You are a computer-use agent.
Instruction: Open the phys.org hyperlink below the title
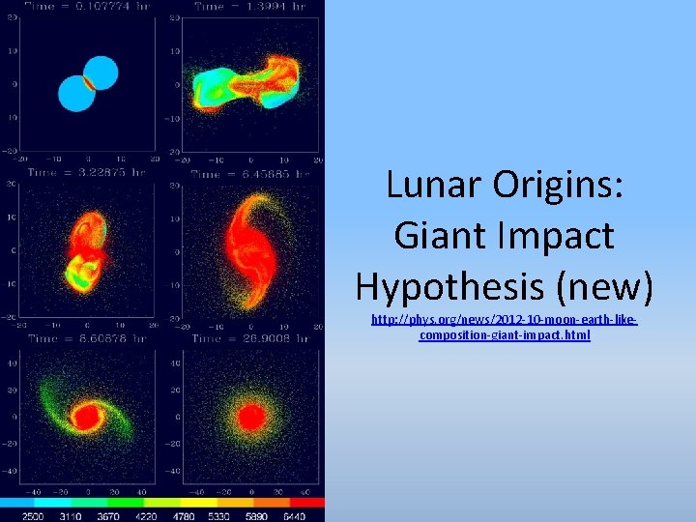[504, 327]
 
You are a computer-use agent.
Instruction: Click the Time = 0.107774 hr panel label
[84, 7]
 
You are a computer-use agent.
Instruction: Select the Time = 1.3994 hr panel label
[249, 7]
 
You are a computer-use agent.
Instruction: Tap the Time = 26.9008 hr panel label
[249, 339]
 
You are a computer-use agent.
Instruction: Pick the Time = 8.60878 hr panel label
[84, 339]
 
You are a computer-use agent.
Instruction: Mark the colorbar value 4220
[148, 516]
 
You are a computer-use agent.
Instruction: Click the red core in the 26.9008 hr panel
[251, 418]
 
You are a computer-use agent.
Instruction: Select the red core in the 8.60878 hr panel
[88, 418]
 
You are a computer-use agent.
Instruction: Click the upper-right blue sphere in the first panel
[101, 71]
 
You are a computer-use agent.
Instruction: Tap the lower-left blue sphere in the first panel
[73, 94]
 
